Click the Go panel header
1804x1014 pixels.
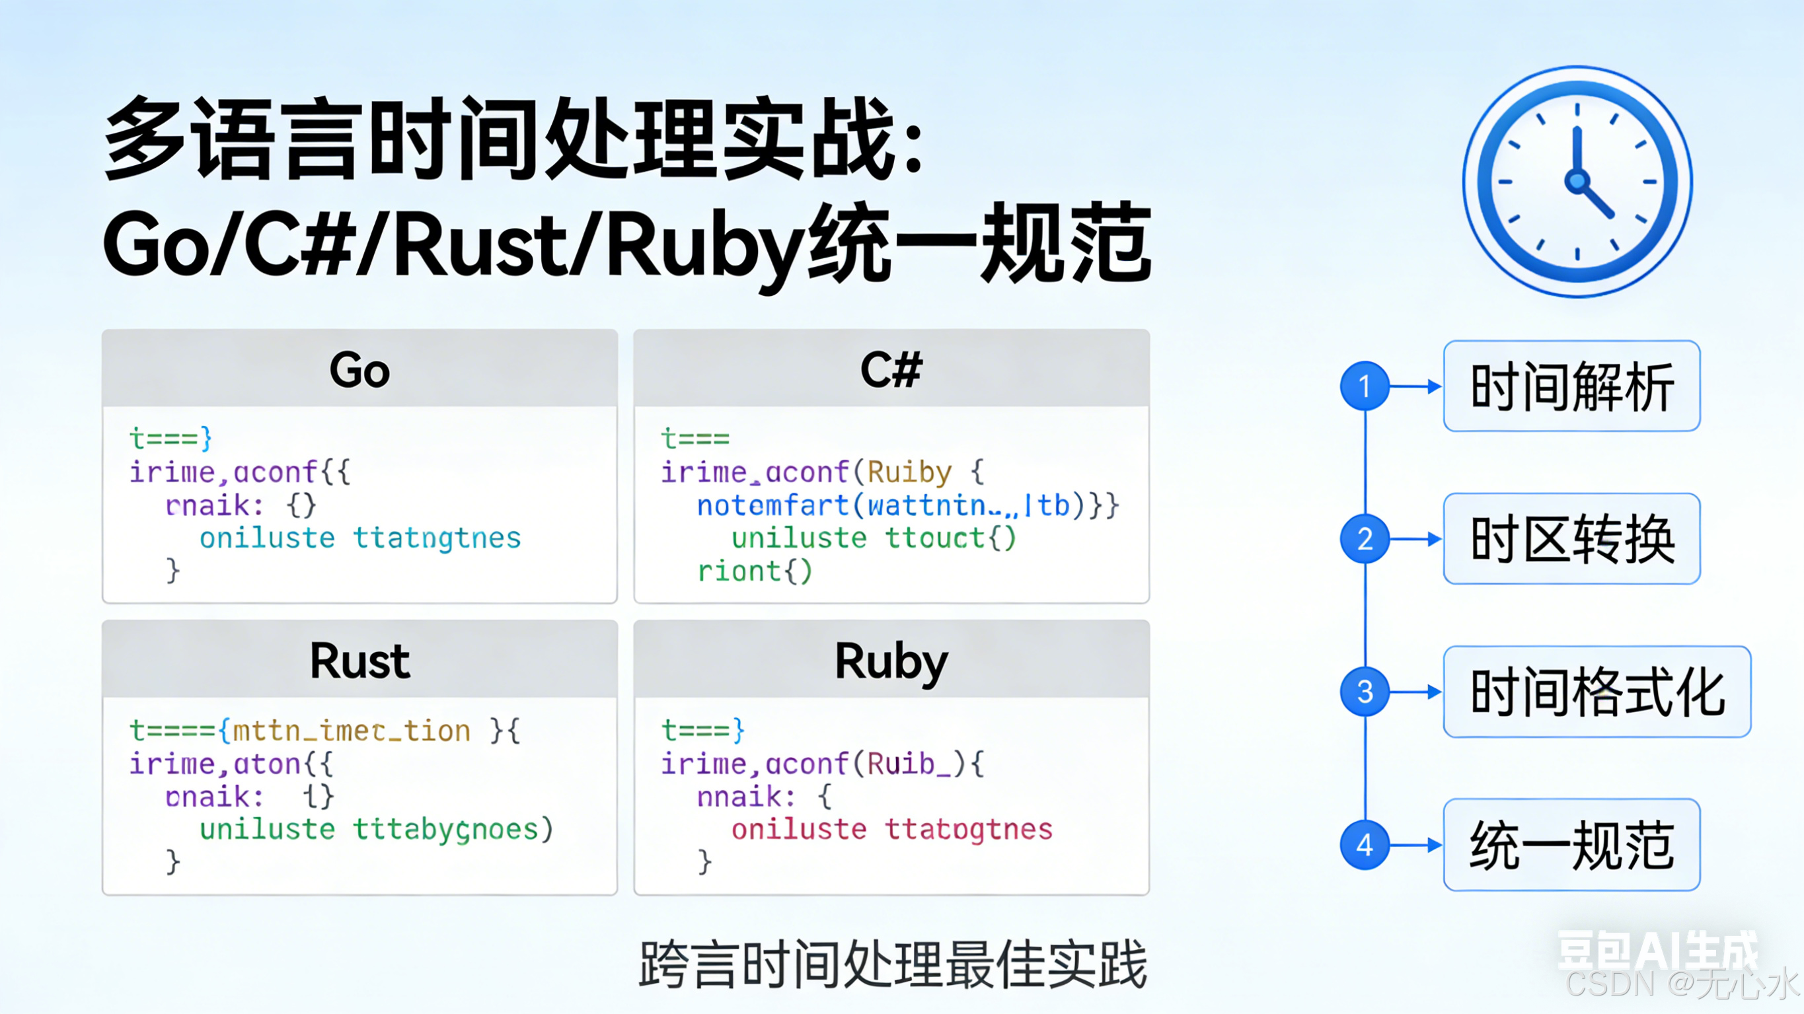[x=359, y=369]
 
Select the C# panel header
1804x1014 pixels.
[x=891, y=369]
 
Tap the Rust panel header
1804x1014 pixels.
[x=359, y=661]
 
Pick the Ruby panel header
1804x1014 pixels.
[x=891, y=661]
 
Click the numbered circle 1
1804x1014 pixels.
[x=1364, y=386]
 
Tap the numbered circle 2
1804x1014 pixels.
[x=1364, y=538]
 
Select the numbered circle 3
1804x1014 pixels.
[x=1364, y=692]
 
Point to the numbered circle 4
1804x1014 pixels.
[x=1364, y=844]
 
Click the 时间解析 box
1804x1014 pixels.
[x=1571, y=386]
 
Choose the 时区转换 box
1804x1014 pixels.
[x=1571, y=538]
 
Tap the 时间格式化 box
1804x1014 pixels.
[x=1597, y=692]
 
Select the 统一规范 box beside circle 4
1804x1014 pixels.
[x=1571, y=844]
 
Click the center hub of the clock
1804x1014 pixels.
[x=1577, y=182]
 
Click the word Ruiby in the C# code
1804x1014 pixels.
[x=910, y=472]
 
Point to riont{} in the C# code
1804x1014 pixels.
[x=755, y=571]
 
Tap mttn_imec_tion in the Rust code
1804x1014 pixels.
[x=352, y=731]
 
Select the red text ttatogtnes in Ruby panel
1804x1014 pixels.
[x=969, y=830]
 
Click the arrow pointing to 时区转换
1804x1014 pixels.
[x=1416, y=538]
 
